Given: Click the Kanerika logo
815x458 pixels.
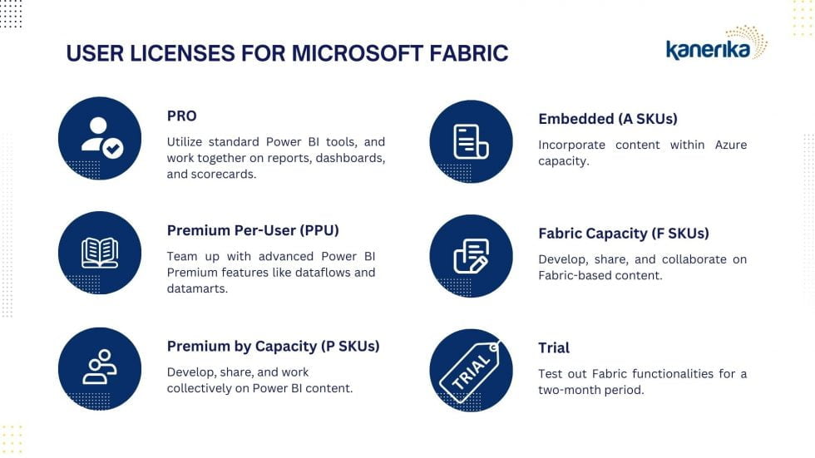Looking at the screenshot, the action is point(716,43).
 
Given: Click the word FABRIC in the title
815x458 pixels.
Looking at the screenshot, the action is point(468,53).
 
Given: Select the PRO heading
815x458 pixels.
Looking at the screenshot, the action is point(181,116).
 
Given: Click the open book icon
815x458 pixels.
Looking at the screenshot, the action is point(100,253).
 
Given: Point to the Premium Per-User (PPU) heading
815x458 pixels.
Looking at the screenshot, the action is point(253,230).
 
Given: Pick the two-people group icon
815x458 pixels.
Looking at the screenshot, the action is point(100,367).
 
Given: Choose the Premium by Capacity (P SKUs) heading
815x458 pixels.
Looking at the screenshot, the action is point(273,347).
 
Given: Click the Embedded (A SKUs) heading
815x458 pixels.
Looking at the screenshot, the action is point(608,119).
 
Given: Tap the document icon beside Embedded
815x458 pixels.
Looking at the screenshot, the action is point(471,141).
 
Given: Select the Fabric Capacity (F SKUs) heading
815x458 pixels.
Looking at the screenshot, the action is point(623,234).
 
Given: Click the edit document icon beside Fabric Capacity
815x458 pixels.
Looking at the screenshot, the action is point(471,256).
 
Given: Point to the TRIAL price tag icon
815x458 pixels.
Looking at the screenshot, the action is point(470,371).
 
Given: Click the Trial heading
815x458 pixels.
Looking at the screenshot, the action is point(554,348).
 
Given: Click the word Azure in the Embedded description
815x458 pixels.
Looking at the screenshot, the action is point(731,145).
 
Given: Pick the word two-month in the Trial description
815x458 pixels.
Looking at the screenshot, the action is point(570,390).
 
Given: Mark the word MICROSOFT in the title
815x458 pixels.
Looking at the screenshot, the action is point(357,53).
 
